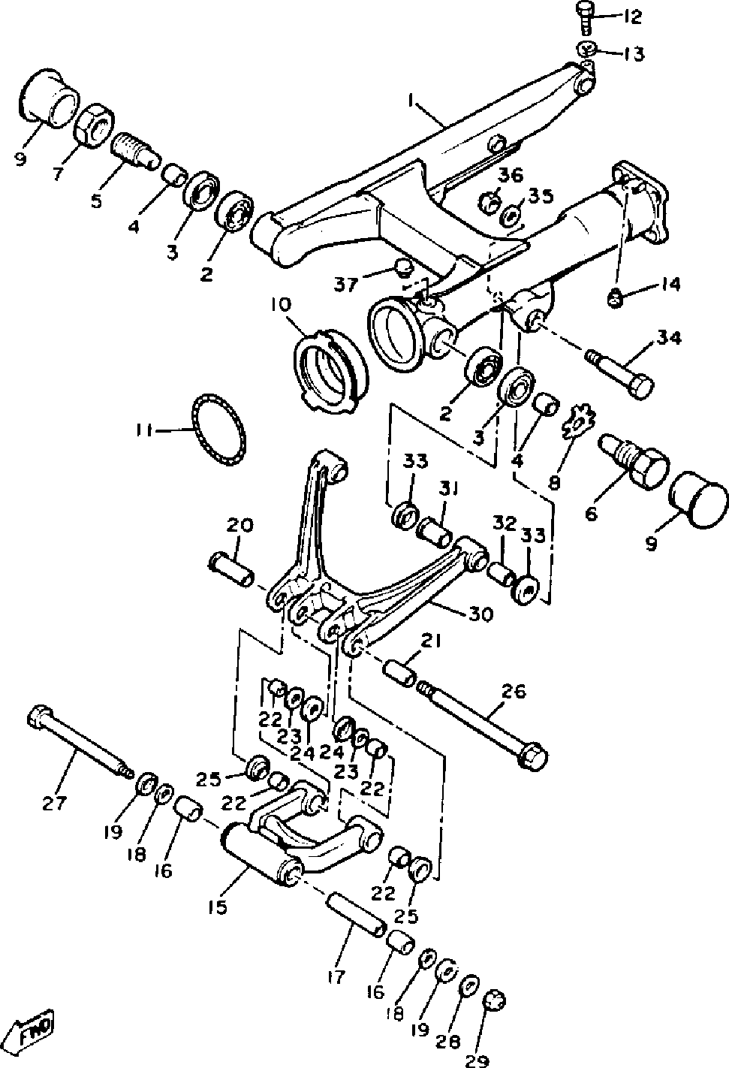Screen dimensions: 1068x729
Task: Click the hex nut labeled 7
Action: (x=92, y=124)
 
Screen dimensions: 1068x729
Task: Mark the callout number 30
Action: (x=480, y=614)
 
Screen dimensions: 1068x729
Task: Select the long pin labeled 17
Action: (x=357, y=912)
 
